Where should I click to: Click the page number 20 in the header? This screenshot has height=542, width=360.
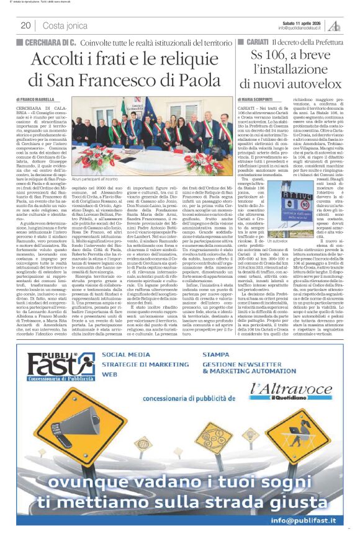(25, 25)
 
